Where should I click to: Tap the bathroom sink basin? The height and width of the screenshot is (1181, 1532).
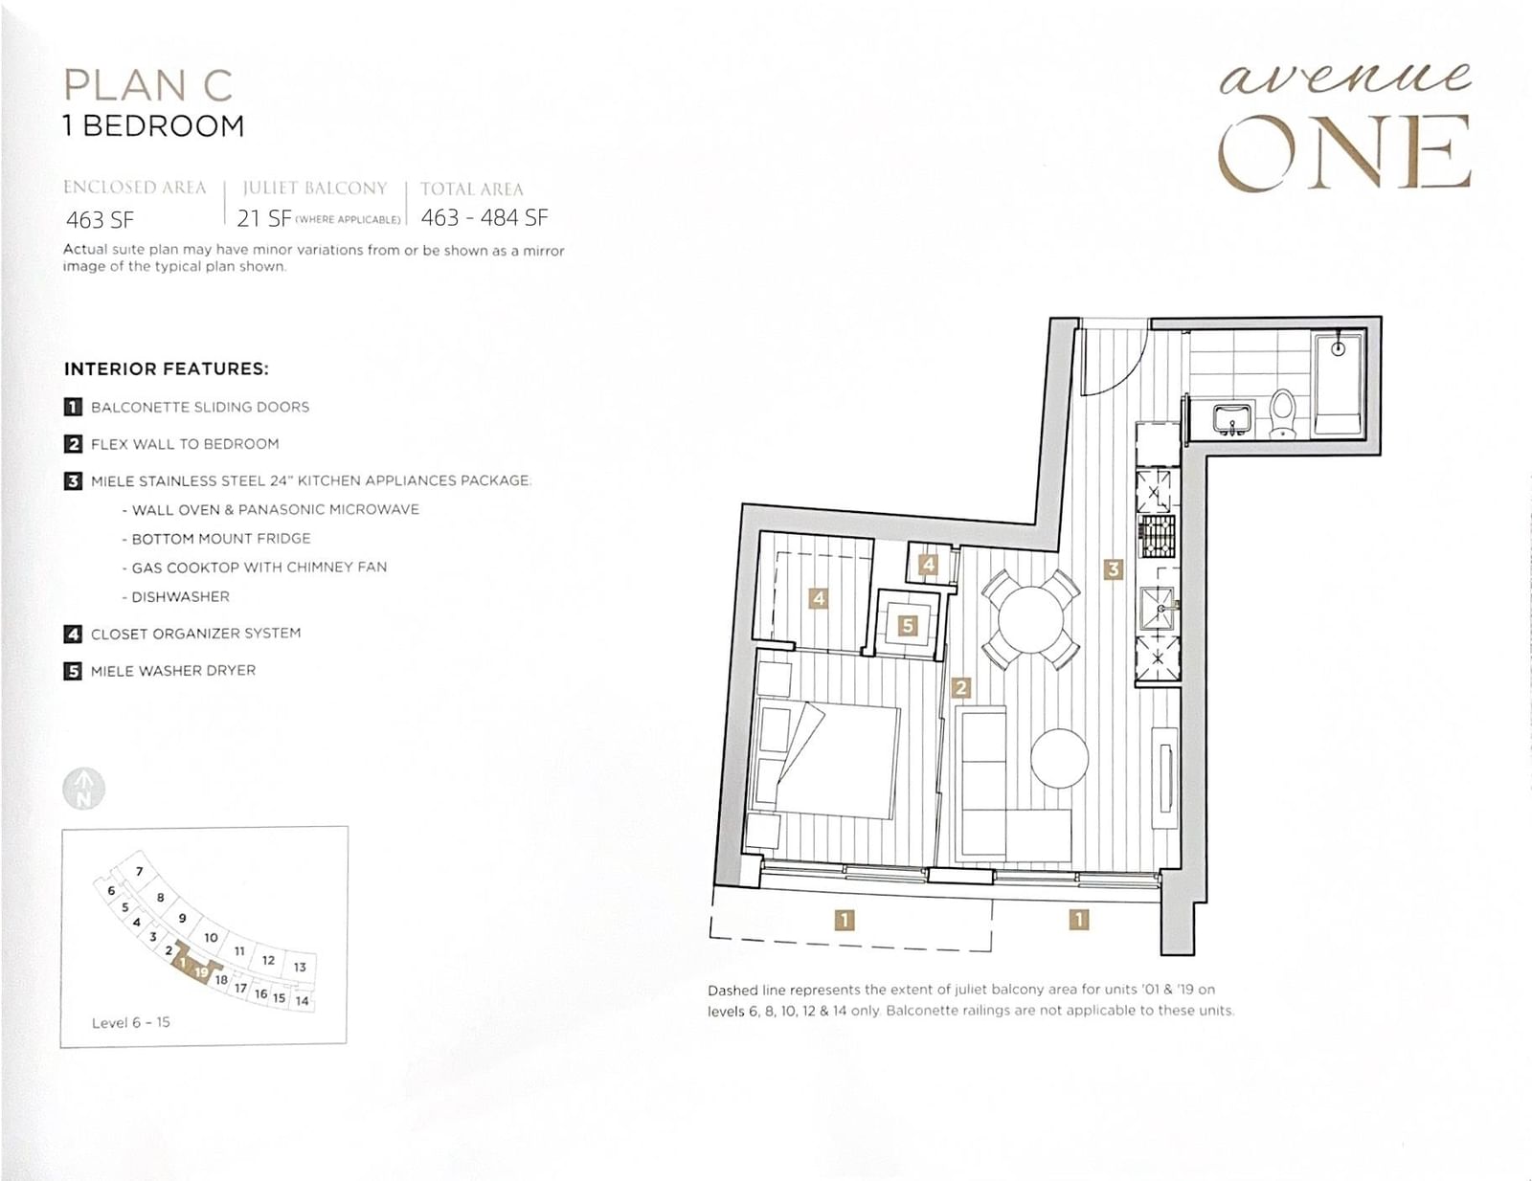coord(1231,418)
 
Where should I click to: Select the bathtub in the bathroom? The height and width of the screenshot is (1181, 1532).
coord(1338,385)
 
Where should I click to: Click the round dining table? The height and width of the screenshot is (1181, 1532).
coord(1030,619)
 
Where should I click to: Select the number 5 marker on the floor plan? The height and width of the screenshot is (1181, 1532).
coord(908,624)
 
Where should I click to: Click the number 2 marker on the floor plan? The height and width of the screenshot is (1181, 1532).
coord(960,687)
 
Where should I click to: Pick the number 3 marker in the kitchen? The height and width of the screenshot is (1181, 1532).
coord(1113,568)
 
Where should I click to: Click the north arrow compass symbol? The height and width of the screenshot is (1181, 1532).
coord(84,789)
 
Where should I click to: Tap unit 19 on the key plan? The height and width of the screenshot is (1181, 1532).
coord(202,972)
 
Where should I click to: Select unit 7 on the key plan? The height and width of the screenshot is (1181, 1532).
coord(140,871)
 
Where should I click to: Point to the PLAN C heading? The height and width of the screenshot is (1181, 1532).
coord(148,84)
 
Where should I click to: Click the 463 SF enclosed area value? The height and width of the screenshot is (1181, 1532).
coord(101,220)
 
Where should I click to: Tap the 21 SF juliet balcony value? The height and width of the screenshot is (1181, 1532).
coord(263,218)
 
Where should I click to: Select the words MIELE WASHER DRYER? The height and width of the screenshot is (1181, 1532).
coord(173,670)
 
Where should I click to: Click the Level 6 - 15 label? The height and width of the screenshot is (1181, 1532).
coord(131,1022)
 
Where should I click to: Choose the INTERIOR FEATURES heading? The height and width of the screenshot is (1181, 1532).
coord(167,369)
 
